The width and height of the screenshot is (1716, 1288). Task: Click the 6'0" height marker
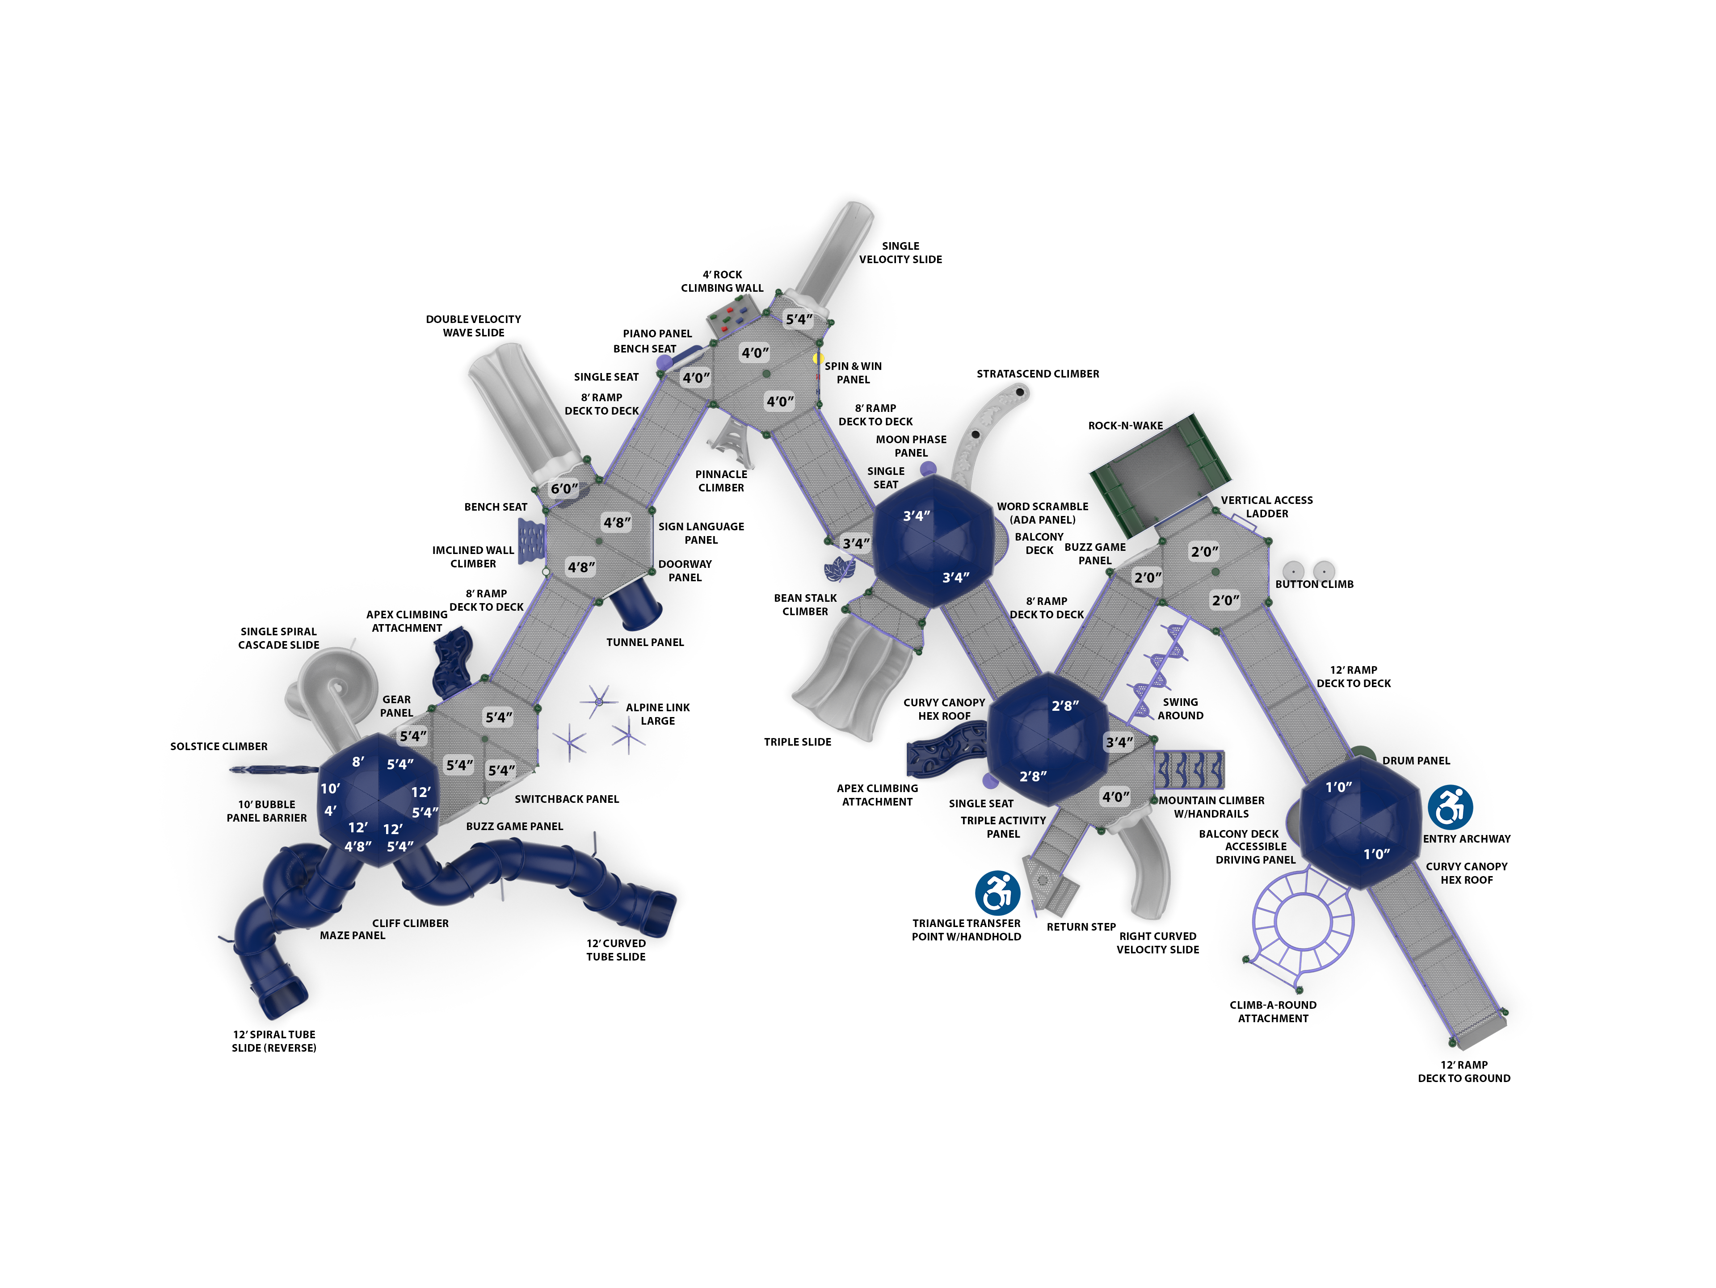tap(564, 488)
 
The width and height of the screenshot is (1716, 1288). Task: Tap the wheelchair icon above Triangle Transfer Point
tap(997, 893)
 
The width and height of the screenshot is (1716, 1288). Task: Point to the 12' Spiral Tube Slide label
tap(274, 1040)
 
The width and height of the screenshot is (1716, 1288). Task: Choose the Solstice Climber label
tap(219, 746)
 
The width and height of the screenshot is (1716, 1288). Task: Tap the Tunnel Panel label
tap(645, 642)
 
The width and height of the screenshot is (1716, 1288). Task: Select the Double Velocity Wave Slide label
tap(473, 326)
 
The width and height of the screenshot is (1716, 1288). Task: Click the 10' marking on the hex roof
tap(331, 789)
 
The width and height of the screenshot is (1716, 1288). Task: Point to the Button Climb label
tap(1314, 584)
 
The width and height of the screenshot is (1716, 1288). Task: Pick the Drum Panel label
tap(1416, 761)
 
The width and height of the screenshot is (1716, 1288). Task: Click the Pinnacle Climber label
tap(721, 481)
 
